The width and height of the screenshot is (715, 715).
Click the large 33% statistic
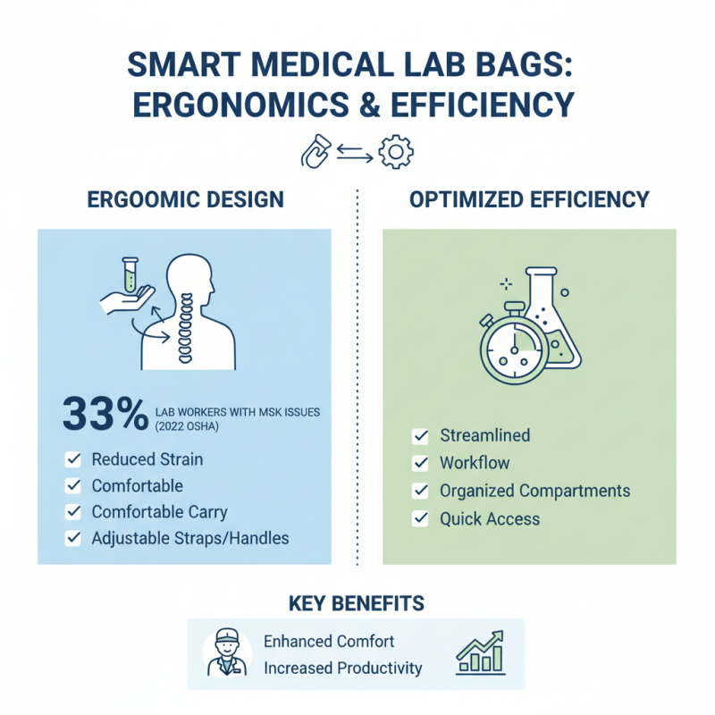(x=105, y=415)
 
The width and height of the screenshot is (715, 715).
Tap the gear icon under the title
(x=395, y=152)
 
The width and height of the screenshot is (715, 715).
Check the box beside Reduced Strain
(x=73, y=459)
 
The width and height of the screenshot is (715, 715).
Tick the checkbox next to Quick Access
(x=419, y=518)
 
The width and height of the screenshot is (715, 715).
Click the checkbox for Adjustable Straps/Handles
(x=73, y=539)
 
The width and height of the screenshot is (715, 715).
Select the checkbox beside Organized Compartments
(x=419, y=491)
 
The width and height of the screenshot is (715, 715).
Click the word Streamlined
(x=484, y=436)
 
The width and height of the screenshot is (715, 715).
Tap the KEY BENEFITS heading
(x=357, y=604)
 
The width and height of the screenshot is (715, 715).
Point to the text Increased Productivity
(x=342, y=669)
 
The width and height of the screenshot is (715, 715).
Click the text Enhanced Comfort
(x=329, y=642)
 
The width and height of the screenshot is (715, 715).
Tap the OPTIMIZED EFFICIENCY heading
(x=529, y=199)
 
